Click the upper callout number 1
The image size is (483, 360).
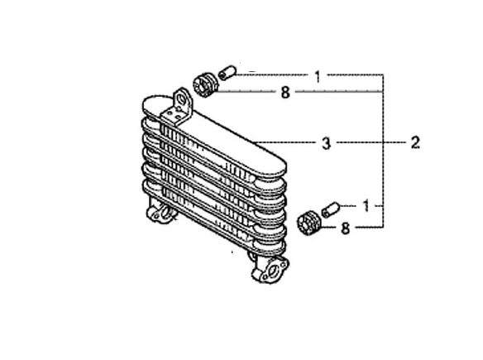318,76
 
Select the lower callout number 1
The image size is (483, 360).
366,206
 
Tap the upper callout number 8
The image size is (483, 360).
285,92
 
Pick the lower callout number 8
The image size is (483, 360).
346,228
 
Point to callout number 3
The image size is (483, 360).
326,143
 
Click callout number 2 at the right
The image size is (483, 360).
415,143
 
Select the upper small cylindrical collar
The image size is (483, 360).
227,73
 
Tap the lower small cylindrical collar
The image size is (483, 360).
331,209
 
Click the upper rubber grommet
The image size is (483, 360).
205,84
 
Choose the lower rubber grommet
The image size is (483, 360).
309,223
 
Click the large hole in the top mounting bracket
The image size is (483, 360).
182,99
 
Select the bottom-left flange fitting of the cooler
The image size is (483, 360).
161,212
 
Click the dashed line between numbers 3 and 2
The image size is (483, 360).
371,142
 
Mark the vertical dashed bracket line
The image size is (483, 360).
383,151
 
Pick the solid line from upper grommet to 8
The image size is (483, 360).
246,91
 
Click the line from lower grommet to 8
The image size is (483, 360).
329,228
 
